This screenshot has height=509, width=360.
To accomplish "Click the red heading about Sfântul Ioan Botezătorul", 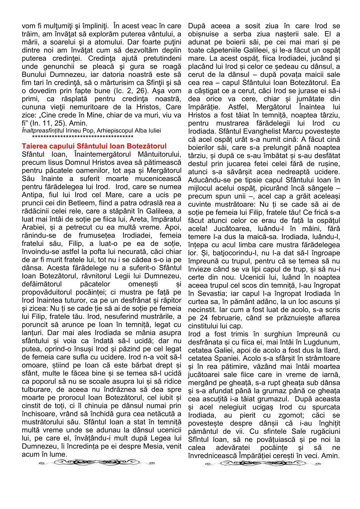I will [x=94, y=146].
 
